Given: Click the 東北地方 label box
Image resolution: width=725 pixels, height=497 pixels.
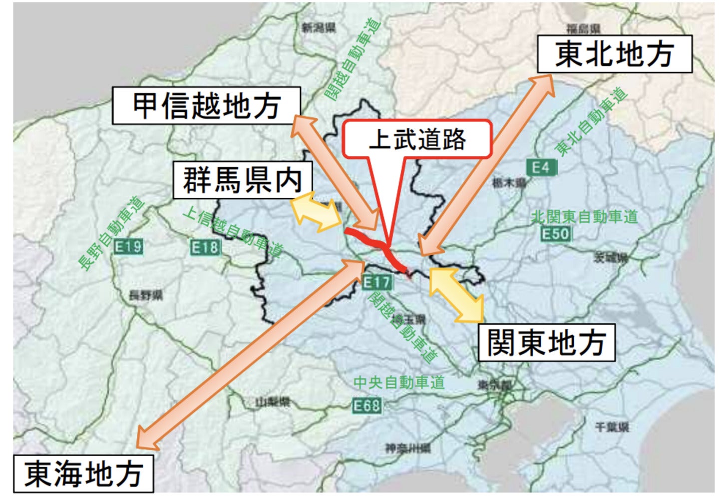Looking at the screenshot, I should coord(614,54).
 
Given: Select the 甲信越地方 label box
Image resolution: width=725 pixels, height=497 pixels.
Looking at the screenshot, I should coord(206,105).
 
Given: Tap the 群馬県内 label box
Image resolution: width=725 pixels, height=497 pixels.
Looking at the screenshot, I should coord(243,180).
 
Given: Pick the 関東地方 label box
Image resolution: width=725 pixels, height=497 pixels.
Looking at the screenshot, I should coord(546,343).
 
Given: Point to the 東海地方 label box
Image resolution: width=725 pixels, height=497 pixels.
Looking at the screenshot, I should coord(83,474).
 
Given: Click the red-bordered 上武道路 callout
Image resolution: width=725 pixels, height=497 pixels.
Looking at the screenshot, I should coord(417,139).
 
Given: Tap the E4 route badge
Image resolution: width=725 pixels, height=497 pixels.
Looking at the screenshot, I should coord(541,167).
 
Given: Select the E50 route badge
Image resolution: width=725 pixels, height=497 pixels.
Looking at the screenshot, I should coord(555,234).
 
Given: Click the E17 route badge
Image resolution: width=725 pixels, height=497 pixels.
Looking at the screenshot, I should coord(376,282).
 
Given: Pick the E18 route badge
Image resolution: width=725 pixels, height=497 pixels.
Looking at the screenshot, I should coord(205,247).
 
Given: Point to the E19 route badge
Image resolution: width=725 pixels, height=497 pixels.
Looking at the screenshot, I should coord(128,246).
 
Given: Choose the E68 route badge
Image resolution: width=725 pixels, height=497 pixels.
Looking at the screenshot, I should coord(366,405).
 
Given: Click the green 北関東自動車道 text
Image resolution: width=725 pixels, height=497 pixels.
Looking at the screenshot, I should coord(584,217).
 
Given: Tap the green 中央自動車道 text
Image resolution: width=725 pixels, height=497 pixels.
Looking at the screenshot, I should coord(398,383).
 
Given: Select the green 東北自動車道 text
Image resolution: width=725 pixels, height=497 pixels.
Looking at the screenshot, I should coord(591,122).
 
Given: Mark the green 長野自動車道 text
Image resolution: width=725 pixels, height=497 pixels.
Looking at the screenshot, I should coord(111,233).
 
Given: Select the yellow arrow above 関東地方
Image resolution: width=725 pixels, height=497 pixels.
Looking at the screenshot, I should coord(456,294).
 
